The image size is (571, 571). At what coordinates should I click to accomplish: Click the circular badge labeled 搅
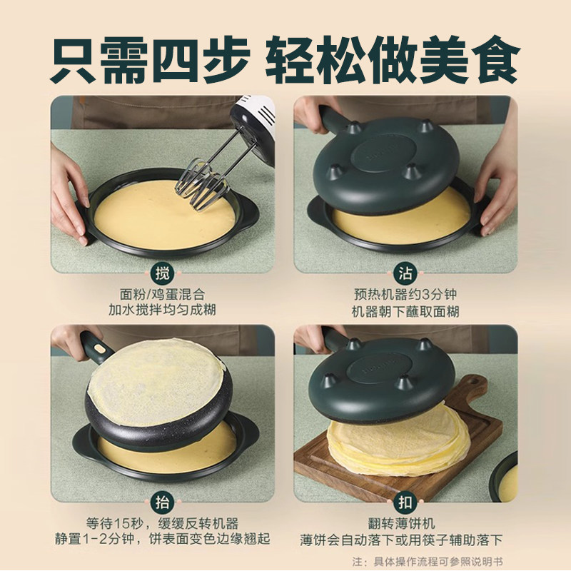point(163,273)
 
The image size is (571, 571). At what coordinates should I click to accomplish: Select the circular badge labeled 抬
point(163,500)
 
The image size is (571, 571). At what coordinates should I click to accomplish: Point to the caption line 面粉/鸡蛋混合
point(163,293)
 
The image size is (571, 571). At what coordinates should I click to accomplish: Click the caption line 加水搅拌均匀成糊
point(163,310)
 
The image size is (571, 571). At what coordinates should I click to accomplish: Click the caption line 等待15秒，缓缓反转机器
point(163,521)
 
